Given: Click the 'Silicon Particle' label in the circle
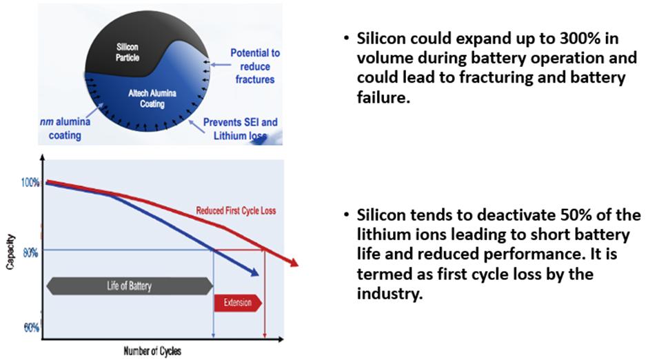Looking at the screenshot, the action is pyautogui.click(x=128, y=52).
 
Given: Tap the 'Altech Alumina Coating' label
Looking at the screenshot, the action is pyautogui.click(x=152, y=99).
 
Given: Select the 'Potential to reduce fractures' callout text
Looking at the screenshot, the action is pyautogui.click(x=255, y=66).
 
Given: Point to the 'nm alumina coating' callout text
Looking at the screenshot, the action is pyautogui.click(x=65, y=128).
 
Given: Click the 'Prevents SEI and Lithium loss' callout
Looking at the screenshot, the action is pyautogui.click(x=240, y=129).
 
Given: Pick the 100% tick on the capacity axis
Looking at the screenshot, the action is pyautogui.click(x=30, y=182).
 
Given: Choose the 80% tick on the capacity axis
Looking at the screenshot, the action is pyautogui.click(x=30, y=252).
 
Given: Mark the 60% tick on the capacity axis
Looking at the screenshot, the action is pyautogui.click(x=32, y=328).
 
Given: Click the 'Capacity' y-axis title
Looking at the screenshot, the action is pyautogui.click(x=10, y=252).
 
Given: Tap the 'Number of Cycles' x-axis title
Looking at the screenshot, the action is pyautogui.click(x=152, y=351).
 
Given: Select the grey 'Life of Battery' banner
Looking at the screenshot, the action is pyautogui.click(x=130, y=286).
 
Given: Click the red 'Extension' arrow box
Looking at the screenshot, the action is pyautogui.click(x=238, y=303).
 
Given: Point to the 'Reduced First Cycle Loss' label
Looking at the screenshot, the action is pyautogui.click(x=236, y=211).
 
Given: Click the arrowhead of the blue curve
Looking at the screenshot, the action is pyautogui.click(x=254, y=272).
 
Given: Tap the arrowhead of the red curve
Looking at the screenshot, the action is pyautogui.click(x=293, y=263).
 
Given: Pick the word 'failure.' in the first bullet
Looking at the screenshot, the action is pyautogui.click(x=383, y=97).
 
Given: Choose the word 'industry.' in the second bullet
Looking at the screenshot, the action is pyautogui.click(x=390, y=294).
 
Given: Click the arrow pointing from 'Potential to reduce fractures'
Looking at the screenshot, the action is pyautogui.click(x=221, y=64).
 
